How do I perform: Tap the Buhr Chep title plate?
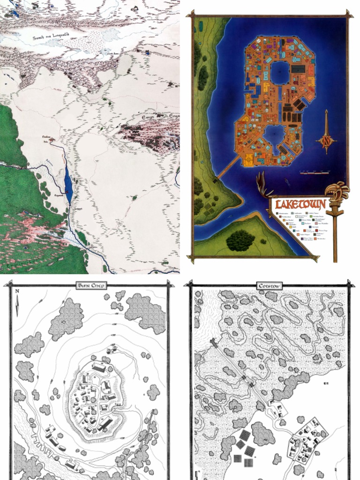coord(92,285)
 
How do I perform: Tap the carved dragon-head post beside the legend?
coord(336,197)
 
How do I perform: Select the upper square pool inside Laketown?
coord(280,73)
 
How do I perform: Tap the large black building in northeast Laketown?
coord(298,69)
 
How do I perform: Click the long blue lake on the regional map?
coord(68,183)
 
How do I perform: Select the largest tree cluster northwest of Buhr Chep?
coord(66,318)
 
